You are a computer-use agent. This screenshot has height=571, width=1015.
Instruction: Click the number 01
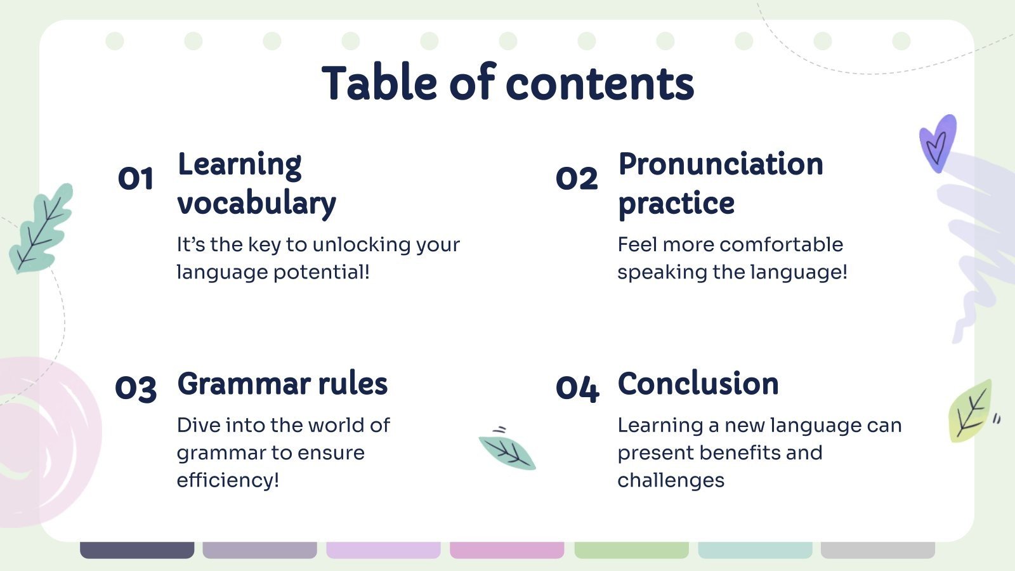click(x=136, y=178)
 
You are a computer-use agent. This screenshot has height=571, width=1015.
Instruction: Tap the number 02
click(x=577, y=178)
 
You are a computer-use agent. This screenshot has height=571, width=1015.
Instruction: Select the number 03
click(x=136, y=389)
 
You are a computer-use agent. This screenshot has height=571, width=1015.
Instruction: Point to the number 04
click(x=578, y=389)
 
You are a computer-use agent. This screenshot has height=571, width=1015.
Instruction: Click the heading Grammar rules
click(x=282, y=383)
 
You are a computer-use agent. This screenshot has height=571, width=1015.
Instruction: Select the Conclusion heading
click(x=698, y=383)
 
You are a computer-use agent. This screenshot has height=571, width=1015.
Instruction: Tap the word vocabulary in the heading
click(x=257, y=203)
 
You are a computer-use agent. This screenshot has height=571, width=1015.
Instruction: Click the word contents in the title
click(x=600, y=83)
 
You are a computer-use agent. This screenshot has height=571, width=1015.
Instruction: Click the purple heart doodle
click(x=938, y=143)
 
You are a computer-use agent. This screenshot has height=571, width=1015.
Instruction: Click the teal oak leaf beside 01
click(x=41, y=228)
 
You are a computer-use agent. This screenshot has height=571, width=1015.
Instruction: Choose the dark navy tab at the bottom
click(x=137, y=550)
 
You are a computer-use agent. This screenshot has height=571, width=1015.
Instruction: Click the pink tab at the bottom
click(x=507, y=550)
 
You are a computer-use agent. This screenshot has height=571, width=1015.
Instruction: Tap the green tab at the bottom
click(x=632, y=550)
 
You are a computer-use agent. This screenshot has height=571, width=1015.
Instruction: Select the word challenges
click(x=671, y=480)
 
